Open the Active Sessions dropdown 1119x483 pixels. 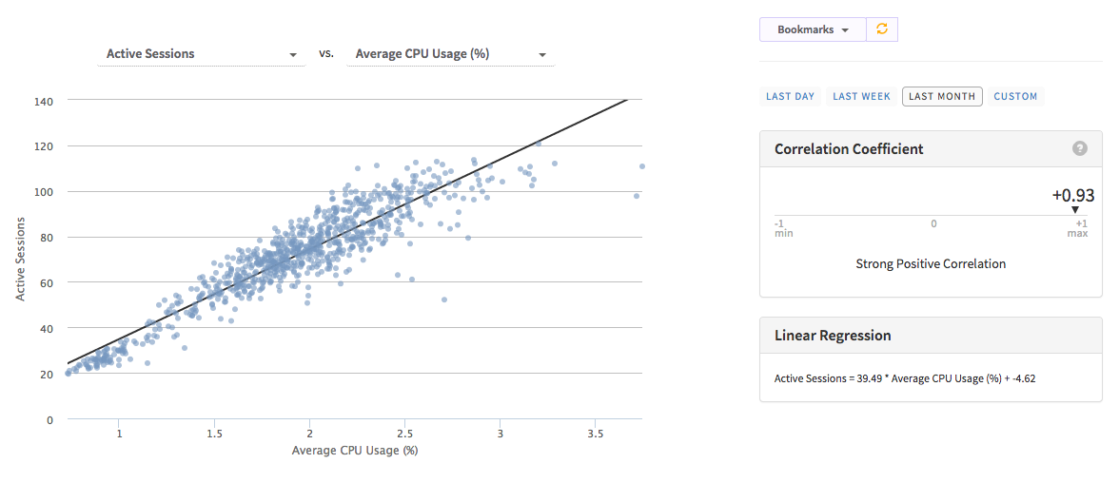(201, 54)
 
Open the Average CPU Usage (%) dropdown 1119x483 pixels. (450, 54)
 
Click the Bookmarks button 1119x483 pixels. (812, 29)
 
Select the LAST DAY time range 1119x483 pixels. (790, 96)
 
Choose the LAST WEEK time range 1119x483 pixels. (861, 96)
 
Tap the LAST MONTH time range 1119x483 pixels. (942, 96)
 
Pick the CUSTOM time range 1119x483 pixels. (1015, 96)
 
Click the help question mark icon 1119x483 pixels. (1079, 148)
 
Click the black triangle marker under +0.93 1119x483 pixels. (1075, 210)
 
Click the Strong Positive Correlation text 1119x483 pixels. (931, 263)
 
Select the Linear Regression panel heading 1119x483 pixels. (833, 335)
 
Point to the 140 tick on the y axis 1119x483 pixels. (44, 101)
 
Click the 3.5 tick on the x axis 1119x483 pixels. (595, 434)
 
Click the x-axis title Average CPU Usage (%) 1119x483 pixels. (355, 450)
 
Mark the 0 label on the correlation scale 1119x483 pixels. (933, 223)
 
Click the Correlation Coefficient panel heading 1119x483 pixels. (849, 148)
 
